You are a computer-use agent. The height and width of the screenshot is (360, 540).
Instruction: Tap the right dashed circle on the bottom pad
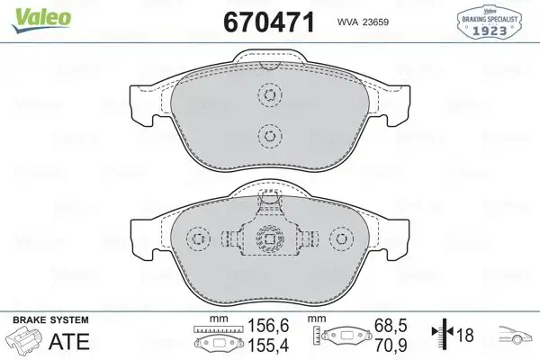pyautogui.click(x=342, y=238)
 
